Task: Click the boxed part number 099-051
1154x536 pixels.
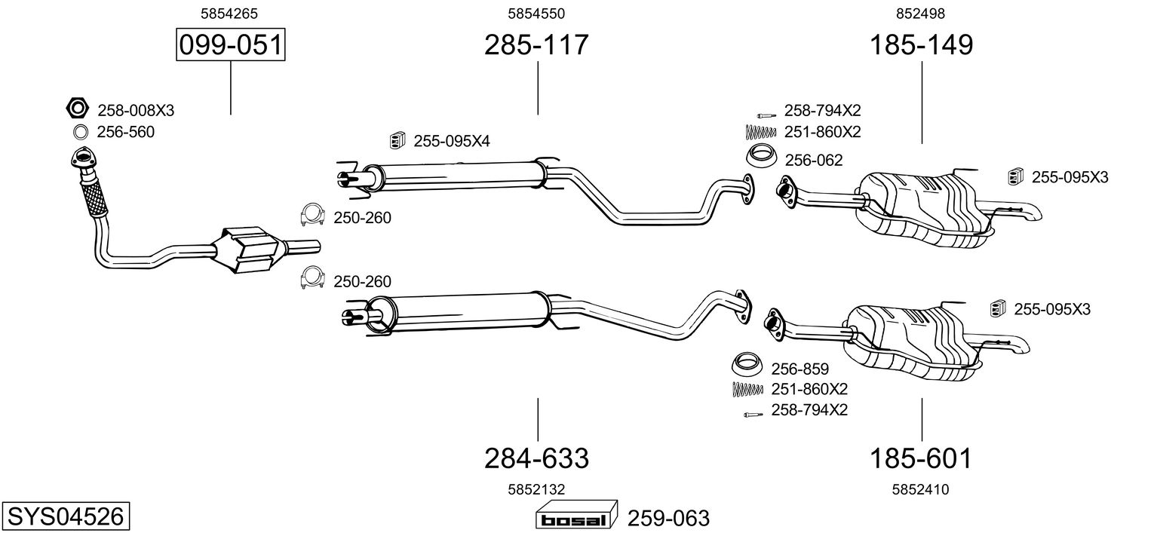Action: [230, 46]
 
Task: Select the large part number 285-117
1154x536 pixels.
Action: [536, 46]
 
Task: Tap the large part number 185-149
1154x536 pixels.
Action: [922, 46]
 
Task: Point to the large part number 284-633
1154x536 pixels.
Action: [536, 458]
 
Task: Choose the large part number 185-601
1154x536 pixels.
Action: [922, 458]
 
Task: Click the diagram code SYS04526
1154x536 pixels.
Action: [65, 517]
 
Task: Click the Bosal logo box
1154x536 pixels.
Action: [577, 518]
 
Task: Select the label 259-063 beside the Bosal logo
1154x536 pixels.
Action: [668, 519]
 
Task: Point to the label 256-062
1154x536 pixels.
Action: [813, 160]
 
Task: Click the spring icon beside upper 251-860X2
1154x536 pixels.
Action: [760, 132]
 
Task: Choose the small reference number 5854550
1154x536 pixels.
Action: [536, 14]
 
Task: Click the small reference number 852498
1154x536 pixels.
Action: [920, 14]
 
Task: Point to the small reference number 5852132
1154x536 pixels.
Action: [536, 489]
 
